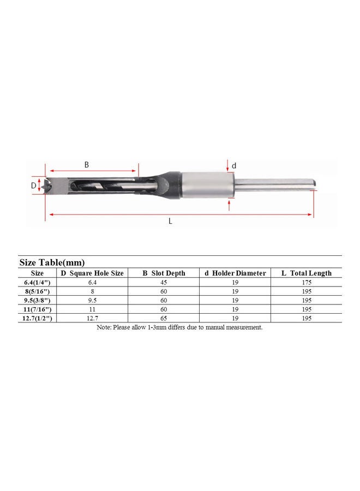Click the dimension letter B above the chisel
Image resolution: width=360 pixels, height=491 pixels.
86,164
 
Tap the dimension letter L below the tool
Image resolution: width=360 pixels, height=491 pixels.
171,221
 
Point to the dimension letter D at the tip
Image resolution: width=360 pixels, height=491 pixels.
34,185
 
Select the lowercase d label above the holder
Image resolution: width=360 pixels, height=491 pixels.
235,165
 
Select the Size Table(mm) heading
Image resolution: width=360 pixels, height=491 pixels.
52,262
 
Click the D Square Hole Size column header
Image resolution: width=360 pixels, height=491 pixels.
92,273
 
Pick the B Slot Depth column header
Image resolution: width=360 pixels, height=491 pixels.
164,273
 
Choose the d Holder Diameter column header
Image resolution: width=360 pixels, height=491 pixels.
235,273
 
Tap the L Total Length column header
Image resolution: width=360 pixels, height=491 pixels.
306,273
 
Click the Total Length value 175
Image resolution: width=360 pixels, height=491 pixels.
306,283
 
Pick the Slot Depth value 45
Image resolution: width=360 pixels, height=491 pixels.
164,283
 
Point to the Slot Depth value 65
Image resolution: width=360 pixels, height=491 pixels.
164,318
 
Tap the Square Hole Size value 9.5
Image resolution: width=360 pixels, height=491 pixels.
92,301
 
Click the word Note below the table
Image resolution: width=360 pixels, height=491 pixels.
104,327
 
